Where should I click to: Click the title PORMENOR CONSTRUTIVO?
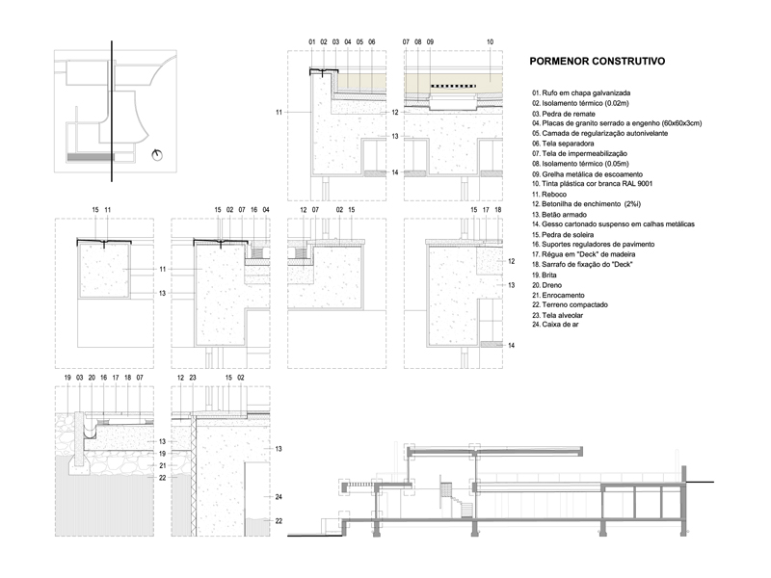click(597, 61)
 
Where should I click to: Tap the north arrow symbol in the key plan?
click(158, 155)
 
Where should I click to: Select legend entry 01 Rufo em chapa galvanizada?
click(581, 92)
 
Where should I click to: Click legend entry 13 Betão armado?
click(559, 214)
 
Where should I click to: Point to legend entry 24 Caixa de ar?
click(555, 325)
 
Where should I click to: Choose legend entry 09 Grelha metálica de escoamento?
click(587, 174)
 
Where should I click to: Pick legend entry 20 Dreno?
click(546, 285)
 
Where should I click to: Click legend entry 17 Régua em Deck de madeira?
click(583, 254)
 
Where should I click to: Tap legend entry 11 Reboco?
click(548, 195)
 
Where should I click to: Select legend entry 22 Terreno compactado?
click(570, 304)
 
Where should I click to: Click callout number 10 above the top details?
click(490, 42)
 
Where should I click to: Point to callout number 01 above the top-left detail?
click(311, 42)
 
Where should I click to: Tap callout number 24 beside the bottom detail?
click(279, 497)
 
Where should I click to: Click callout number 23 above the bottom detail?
click(193, 378)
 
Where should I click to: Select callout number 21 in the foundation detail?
click(162, 465)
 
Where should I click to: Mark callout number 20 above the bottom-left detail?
click(92, 378)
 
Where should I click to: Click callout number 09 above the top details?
click(430, 42)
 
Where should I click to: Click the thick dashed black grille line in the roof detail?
click(453, 86)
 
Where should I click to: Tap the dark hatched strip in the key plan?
click(91, 157)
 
